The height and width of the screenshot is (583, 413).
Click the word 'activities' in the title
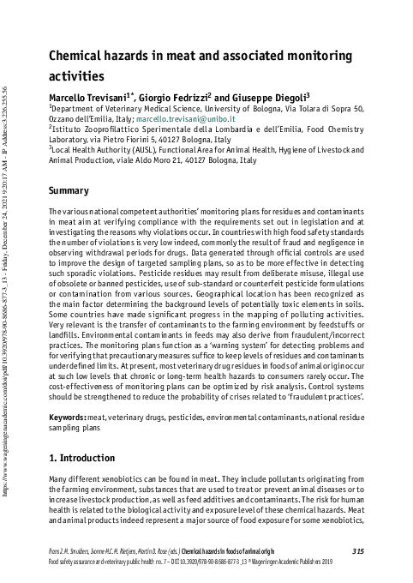76,75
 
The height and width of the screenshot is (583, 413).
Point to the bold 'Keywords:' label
67,416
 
